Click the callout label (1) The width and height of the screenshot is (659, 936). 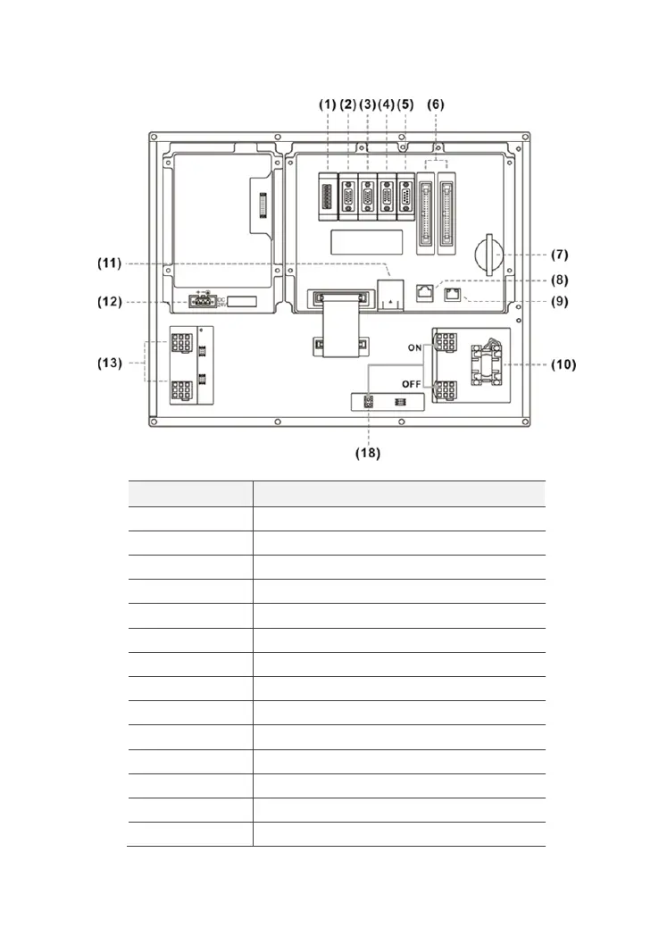328,104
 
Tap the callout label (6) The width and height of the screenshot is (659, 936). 435,104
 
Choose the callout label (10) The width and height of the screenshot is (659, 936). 563,364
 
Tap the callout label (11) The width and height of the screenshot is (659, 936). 108,263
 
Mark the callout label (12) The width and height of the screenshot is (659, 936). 108,302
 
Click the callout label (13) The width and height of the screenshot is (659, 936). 108,364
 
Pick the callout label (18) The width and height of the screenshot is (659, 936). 368,453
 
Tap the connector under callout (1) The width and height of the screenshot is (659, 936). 328,195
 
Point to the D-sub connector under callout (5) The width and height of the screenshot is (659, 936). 407,196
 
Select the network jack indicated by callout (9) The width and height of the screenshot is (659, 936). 455,297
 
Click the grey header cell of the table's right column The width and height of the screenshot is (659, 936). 398,494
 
